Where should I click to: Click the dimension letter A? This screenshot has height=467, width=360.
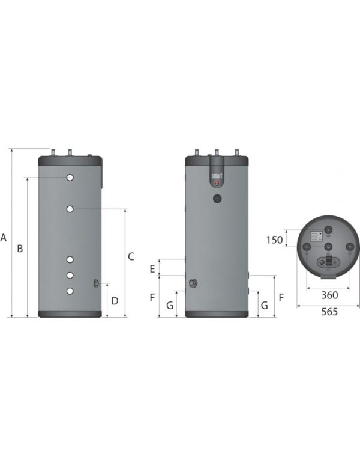click(x=4, y=238)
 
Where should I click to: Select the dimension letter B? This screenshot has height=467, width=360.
click(x=20, y=248)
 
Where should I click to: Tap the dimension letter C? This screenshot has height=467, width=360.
click(x=131, y=256)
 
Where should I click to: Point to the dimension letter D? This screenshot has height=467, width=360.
click(x=115, y=300)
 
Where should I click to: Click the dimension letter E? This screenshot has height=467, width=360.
click(x=152, y=268)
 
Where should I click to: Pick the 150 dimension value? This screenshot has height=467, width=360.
click(x=274, y=240)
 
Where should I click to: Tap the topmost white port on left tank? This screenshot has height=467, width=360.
click(x=71, y=178)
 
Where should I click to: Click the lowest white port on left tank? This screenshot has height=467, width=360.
click(x=71, y=291)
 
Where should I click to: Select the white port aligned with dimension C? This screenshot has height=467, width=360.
click(x=71, y=209)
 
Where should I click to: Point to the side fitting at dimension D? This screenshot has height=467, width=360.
click(x=97, y=283)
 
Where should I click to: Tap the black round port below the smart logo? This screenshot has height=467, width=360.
click(x=217, y=198)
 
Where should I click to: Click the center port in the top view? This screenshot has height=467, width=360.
click(x=328, y=246)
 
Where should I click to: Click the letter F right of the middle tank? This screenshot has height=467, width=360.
click(x=281, y=297)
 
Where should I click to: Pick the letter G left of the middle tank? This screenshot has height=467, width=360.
click(x=169, y=306)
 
